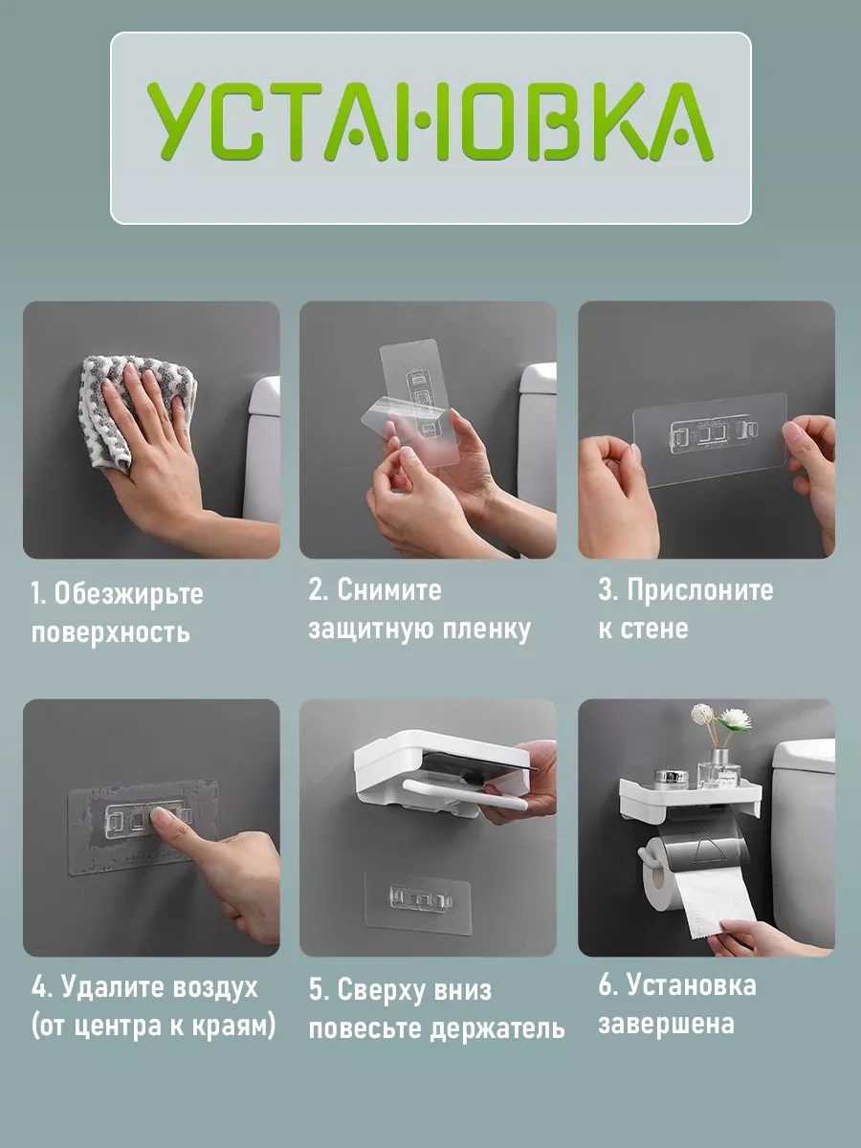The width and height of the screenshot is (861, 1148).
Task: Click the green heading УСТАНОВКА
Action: (430, 121)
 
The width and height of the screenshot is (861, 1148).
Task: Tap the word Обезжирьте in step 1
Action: (128, 594)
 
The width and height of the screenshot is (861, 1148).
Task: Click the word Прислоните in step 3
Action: (700, 590)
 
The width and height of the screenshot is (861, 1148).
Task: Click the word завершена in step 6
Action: (667, 1024)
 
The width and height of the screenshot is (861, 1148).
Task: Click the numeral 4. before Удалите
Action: (41, 986)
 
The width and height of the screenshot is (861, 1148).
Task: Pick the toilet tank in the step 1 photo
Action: (261, 450)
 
